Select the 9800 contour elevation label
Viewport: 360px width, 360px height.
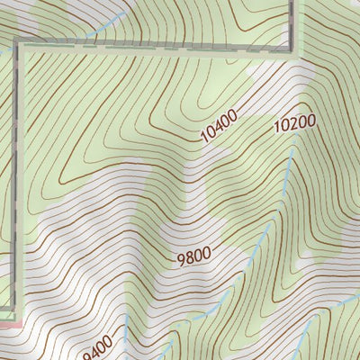click(193, 256)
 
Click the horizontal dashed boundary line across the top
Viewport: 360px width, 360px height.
click(153, 47)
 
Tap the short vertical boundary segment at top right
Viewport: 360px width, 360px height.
click(293, 22)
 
